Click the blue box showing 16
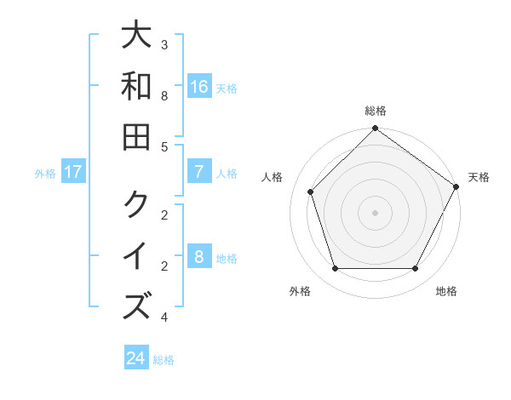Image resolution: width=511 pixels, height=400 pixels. (198, 87)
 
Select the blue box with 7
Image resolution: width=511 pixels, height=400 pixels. (198, 172)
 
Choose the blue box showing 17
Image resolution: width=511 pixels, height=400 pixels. (73, 172)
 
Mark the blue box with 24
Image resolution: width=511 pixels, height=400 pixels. (136, 358)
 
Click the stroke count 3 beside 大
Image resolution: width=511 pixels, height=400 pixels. (164, 44)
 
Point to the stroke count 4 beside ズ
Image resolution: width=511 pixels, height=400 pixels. (164, 317)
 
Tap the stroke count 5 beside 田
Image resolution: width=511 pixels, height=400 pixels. (164, 146)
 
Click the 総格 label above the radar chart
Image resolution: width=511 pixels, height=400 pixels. (376, 111)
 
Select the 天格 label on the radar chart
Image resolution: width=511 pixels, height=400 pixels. (479, 177)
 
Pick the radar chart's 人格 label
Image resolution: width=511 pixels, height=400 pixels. (272, 177)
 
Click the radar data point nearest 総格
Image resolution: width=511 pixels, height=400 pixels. (376, 130)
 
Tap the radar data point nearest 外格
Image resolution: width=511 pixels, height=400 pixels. (336, 269)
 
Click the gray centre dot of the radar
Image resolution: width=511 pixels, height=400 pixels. (376, 212)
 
